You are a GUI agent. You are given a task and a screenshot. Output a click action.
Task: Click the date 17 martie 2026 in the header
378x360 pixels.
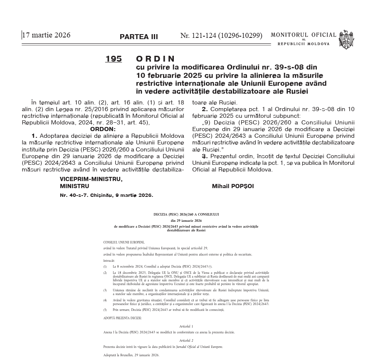click(47, 35)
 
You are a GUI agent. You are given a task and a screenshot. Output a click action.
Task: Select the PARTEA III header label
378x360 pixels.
click(138, 37)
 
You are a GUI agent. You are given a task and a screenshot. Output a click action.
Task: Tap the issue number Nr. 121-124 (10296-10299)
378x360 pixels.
click(221, 36)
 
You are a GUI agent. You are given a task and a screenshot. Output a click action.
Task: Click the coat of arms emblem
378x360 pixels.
click(346, 40)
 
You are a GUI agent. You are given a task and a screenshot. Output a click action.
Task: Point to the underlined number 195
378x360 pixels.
click(114, 59)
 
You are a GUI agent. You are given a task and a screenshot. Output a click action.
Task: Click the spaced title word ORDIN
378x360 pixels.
click(156, 59)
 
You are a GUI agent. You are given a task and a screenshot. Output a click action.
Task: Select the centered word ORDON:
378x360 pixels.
click(103, 129)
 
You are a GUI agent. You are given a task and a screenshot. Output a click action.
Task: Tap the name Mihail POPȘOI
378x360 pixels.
click(233, 186)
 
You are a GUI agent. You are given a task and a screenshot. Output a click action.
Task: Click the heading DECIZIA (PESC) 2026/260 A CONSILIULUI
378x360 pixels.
click(186, 214)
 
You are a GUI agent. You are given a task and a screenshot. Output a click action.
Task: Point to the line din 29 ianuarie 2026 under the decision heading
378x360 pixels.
click(186, 220)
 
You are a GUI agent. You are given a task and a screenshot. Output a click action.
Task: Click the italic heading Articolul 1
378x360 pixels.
click(186, 327)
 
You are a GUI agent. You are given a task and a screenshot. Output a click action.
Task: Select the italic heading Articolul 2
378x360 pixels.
click(186, 340)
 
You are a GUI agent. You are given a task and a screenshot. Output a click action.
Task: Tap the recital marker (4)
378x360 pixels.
click(105, 300)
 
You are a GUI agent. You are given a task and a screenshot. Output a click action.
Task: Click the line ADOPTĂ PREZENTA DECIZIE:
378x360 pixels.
click(122, 318)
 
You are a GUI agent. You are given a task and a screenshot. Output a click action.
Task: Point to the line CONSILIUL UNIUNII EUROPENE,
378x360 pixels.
click(124, 242)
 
